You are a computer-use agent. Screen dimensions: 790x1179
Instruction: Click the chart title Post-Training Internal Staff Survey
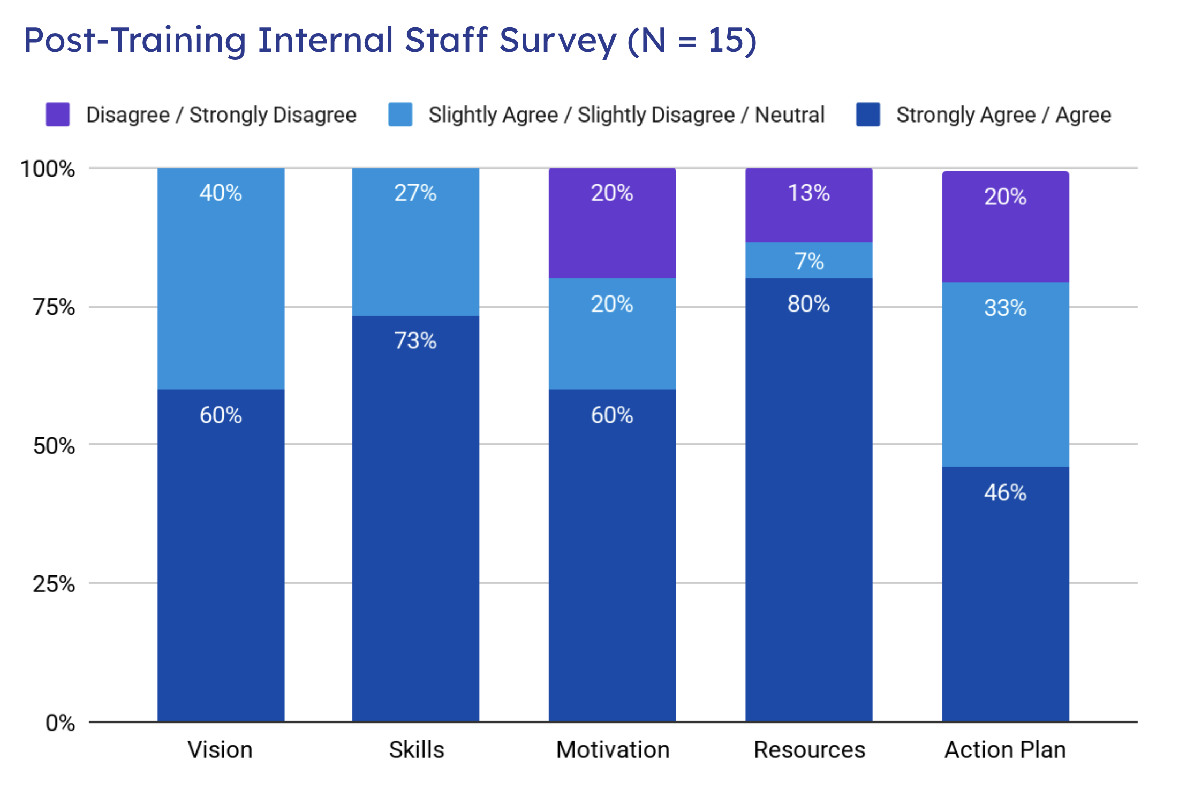click(390, 41)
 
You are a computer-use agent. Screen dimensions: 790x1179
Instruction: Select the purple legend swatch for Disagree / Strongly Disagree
click(58, 115)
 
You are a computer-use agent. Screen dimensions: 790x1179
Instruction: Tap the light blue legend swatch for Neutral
click(400, 115)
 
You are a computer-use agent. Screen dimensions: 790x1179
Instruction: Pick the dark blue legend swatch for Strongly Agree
click(868, 115)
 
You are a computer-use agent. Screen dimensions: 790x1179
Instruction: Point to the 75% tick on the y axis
click(54, 307)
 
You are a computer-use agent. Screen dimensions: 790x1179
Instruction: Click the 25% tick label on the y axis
click(54, 584)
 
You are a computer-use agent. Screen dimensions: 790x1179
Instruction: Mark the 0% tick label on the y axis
click(60, 723)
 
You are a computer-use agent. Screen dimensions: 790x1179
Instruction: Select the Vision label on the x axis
click(220, 750)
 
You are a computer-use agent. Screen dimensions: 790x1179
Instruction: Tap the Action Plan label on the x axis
click(1005, 750)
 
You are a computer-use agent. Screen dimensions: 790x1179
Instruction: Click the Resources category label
click(809, 750)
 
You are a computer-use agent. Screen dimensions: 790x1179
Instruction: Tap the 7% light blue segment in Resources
click(809, 261)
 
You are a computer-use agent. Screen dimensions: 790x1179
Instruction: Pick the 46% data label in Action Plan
click(1005, 492)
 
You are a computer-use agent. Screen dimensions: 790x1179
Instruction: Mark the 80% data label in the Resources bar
click(808, 304)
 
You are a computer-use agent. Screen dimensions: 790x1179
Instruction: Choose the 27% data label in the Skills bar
click(415, 193)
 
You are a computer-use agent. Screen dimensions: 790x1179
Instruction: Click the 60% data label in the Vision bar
click(221, 415)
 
